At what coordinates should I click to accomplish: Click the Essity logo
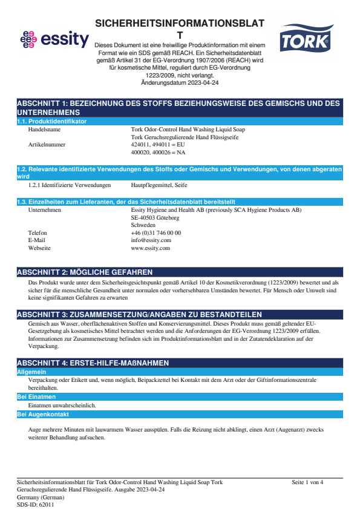click(x=54, y=40)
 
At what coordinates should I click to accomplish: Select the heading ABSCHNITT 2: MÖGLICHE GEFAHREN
click(x=85, y=272)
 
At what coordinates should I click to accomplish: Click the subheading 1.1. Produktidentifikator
click(x=52, y=122)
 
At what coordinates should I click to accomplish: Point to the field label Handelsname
click(x=44, y=130)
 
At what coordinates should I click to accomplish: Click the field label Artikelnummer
click(x=47, y=145)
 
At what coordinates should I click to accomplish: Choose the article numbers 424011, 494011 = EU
click(x=158, y=145)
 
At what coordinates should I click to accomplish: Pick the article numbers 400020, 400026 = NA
click(x=158, y=153)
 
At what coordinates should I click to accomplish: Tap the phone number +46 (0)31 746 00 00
click(x=155, y=232)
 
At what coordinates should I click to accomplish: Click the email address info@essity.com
click(x=151, y=240)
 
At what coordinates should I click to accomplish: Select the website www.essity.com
click(x=150, y=248)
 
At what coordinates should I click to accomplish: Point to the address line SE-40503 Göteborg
click(x=155, y=217)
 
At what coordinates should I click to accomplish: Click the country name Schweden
click(x=143, y=225)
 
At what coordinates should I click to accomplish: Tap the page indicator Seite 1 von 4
click(x=307, y=482)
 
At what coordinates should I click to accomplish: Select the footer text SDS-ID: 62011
click(x=35, y=504)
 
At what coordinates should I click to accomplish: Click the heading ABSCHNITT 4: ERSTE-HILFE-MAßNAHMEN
click(x=93, y=363)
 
